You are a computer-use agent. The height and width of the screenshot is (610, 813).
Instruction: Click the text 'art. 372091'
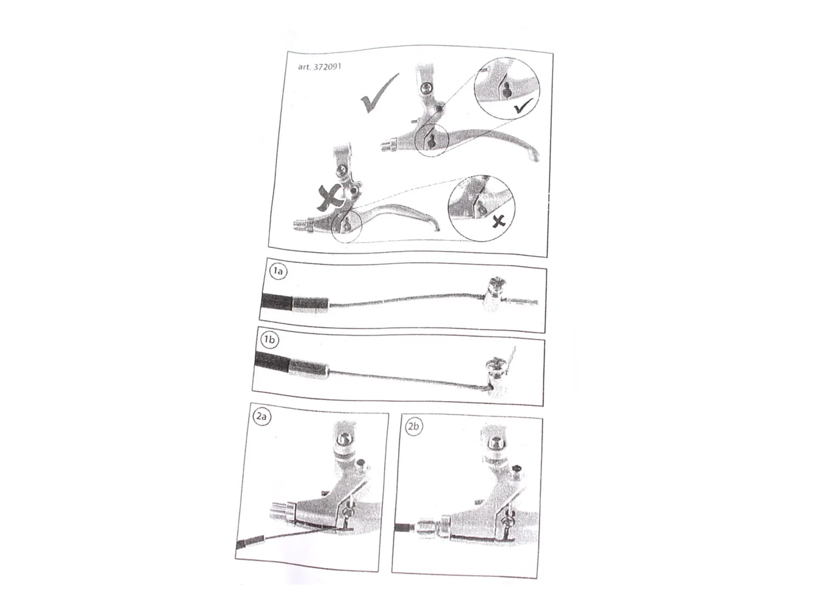point(319,67)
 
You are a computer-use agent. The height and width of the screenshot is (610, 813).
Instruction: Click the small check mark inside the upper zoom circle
point(523,106)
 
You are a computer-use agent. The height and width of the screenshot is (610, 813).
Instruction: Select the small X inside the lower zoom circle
point(499,222)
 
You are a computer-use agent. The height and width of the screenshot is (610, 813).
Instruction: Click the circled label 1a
point(278,271)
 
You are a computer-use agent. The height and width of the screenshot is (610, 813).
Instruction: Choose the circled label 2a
point(262,416)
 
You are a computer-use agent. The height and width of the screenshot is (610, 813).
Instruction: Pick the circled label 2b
point(413,426)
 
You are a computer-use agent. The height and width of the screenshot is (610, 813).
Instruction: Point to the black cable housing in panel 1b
point(272,361)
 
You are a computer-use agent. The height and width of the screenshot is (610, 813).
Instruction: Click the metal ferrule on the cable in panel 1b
point(309,369)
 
